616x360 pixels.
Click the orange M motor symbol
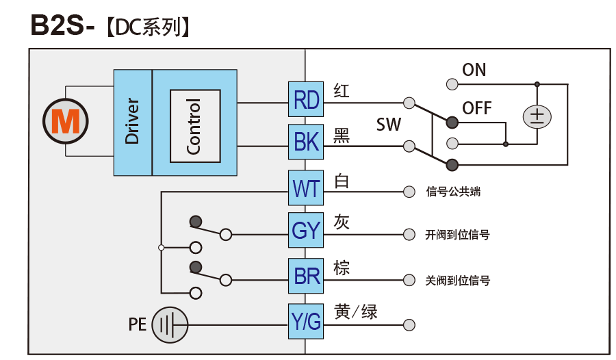click(x=66, y=121)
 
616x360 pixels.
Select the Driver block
click(x=132, y=122)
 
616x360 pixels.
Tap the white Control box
click(x=195, y=126)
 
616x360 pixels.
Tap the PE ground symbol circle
click(x=169, y=324)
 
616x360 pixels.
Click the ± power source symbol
click(x=537, y=116)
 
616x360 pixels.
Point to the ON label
click(x=474, y=70)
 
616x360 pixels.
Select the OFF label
click(x=477, y=108)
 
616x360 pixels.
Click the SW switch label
click(x=388, y=125)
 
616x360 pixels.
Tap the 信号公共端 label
click(x=453, y=192)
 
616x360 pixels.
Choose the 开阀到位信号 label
click(x=457, y=235)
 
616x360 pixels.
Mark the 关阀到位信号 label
click(x=457, y=280)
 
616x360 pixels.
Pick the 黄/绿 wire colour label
click(x=355, y=312)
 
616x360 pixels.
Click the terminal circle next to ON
click(x=452, y=84)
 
